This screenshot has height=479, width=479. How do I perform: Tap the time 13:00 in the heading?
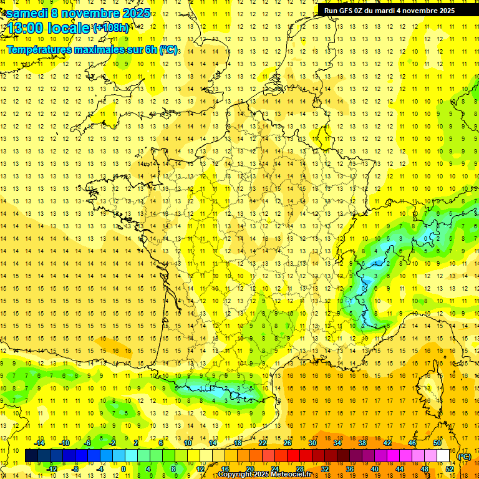point(27,28)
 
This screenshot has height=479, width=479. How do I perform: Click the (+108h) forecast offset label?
point(110,28)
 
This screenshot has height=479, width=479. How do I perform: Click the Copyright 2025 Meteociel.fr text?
point(264,475)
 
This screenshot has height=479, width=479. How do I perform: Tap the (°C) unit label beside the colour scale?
point(464,457)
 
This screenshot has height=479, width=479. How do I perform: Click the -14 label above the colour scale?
point(40,443)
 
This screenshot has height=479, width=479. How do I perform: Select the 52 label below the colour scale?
point(450,469)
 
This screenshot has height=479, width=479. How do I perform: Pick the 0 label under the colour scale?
point(123,469)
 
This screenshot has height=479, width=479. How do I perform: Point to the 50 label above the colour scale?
point(437,443)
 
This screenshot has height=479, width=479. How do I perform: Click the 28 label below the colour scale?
point(299,469)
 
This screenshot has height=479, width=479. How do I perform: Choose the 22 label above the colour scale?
point(263,443)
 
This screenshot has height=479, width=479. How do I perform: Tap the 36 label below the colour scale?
point(349,469)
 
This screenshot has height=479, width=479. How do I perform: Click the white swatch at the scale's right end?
point(443,456)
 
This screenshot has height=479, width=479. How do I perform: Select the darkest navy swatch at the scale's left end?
point(31,456)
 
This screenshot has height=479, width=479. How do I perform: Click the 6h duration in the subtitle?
point(150,49)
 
